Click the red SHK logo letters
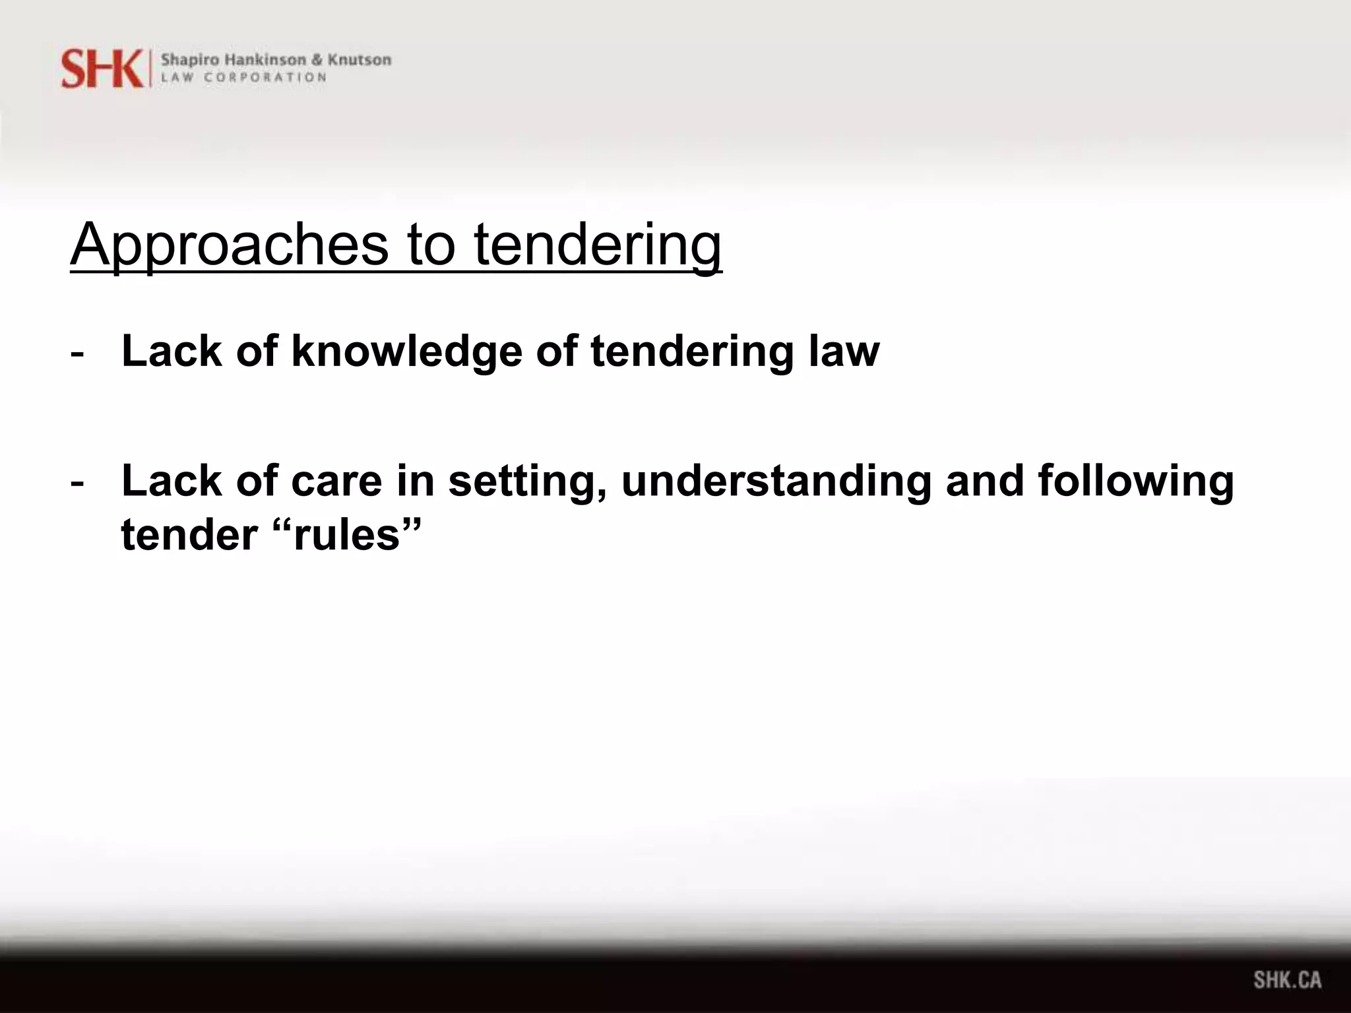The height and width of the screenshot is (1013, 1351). pos(102,69)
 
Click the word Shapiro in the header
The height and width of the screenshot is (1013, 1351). pos(187,59)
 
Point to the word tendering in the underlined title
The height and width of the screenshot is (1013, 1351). pos(598,245)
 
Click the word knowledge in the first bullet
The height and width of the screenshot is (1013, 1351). pos(407,351)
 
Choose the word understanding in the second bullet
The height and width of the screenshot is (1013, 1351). pos(776,481)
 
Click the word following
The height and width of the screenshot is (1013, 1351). pos(1135,481)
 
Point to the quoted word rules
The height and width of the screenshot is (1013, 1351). pos(346,534)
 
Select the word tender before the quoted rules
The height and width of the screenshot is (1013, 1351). pos(189,534)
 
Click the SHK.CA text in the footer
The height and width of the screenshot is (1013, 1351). pos(1287,979)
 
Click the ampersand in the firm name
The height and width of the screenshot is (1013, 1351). pos(317,59)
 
